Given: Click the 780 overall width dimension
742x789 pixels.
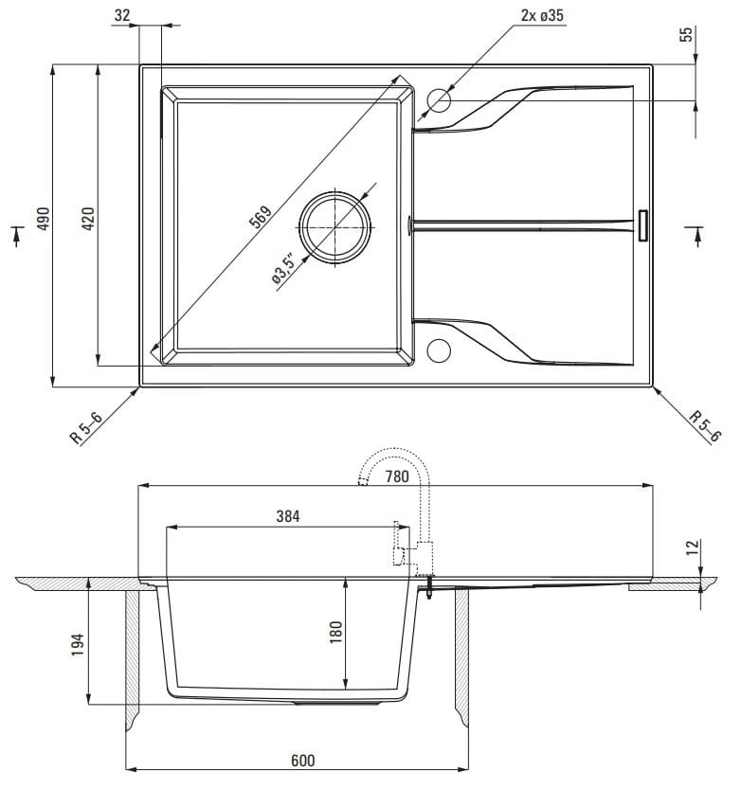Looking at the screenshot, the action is click(397, 476).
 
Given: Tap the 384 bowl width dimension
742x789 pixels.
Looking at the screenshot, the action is click(288, 516).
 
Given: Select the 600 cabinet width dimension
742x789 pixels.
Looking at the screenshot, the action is click(303, 761).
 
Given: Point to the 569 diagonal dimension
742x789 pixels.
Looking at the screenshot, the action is click(261, 217).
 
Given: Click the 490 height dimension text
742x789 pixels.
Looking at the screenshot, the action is click(44, 219).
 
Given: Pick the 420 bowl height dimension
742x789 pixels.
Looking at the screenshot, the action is click(87, 219).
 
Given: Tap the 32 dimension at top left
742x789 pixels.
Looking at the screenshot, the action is click(122, 15).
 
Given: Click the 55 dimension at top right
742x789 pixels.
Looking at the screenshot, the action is click(686, 34).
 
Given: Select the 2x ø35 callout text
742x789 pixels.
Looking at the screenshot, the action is click(542, 15).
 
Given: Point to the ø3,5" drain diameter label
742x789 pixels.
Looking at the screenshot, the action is click(282, 269).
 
